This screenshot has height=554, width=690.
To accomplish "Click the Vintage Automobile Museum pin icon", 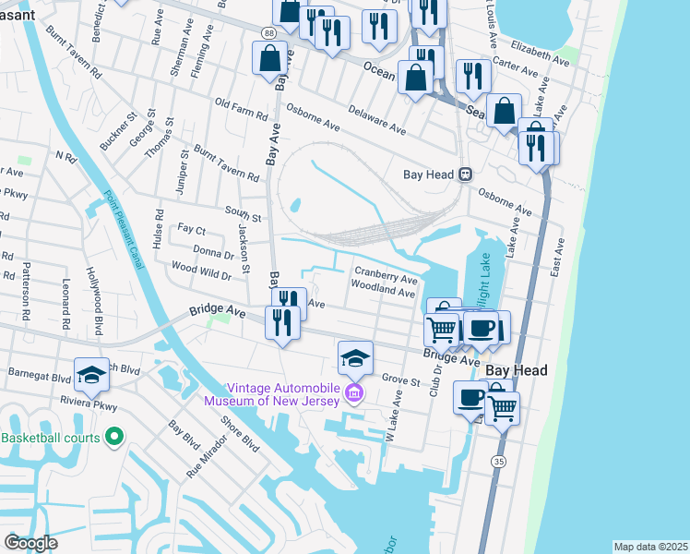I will click(351, 394).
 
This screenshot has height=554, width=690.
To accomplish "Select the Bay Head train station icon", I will click(467, 174).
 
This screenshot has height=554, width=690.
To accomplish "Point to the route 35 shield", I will click(498, 460).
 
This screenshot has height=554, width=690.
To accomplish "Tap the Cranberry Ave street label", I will click(387, 276).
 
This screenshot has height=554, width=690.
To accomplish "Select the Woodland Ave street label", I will click(385, 291).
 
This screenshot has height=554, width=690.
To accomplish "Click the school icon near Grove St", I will click(356, 357).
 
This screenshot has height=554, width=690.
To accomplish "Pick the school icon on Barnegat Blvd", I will click(92, 373).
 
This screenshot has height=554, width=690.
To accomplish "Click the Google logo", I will click(30, 542).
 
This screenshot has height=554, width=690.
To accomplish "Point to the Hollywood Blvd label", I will click(94, 288).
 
